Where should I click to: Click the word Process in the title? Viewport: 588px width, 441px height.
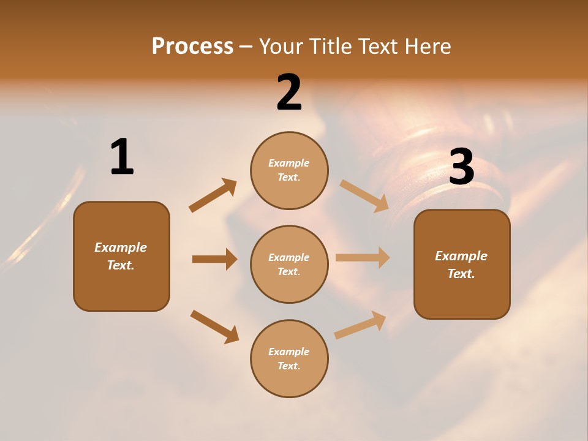(x=192, y=47)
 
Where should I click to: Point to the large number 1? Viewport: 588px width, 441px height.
(x=122, y=157)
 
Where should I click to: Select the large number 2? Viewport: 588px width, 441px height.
(x=289, y=92)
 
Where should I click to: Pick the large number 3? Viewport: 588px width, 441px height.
(x=462, y=167)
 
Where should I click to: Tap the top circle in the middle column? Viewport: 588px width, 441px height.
(x=289, y=170)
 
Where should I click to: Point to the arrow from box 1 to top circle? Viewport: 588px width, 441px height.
(x=213, y=195)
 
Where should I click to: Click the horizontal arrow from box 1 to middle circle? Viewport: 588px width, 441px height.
(x=214, y=259)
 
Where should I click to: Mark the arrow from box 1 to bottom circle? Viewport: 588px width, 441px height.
(x=214, y=326)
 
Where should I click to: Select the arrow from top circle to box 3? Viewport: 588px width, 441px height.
(x=364, y=196)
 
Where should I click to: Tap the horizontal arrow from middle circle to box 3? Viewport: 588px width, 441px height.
(x=363, y=258)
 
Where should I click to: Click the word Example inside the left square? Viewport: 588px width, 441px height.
(x=121, y=247)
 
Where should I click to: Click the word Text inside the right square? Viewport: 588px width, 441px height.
(x=461, y=274)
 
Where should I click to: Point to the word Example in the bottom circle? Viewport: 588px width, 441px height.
(x=289, y=352)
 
